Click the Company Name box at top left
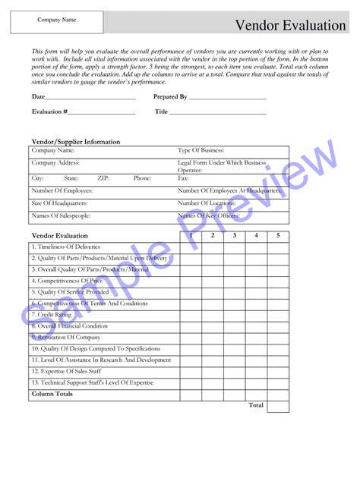[x=56, y=21]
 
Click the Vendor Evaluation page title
[x=290, y=25]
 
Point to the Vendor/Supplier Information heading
[x=75, y=142]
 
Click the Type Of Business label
[x=201, y=151]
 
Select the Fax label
[x=184, y=178]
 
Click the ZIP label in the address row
[x=103, y=178]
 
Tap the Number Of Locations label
[x=207, y=203]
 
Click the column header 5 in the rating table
[x=278, y=236]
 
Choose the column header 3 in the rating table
[x=235, y=236]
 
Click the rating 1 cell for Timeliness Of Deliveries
[x=191, y=247]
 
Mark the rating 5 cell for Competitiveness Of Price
[x=278, y=281]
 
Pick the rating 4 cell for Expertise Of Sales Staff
[x=257, y=372]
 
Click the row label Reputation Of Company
[x=66, y=338]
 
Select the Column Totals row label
[x=52, y=395]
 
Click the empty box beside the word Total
[x=278, y=406]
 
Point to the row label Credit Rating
[x=55, y=315]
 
